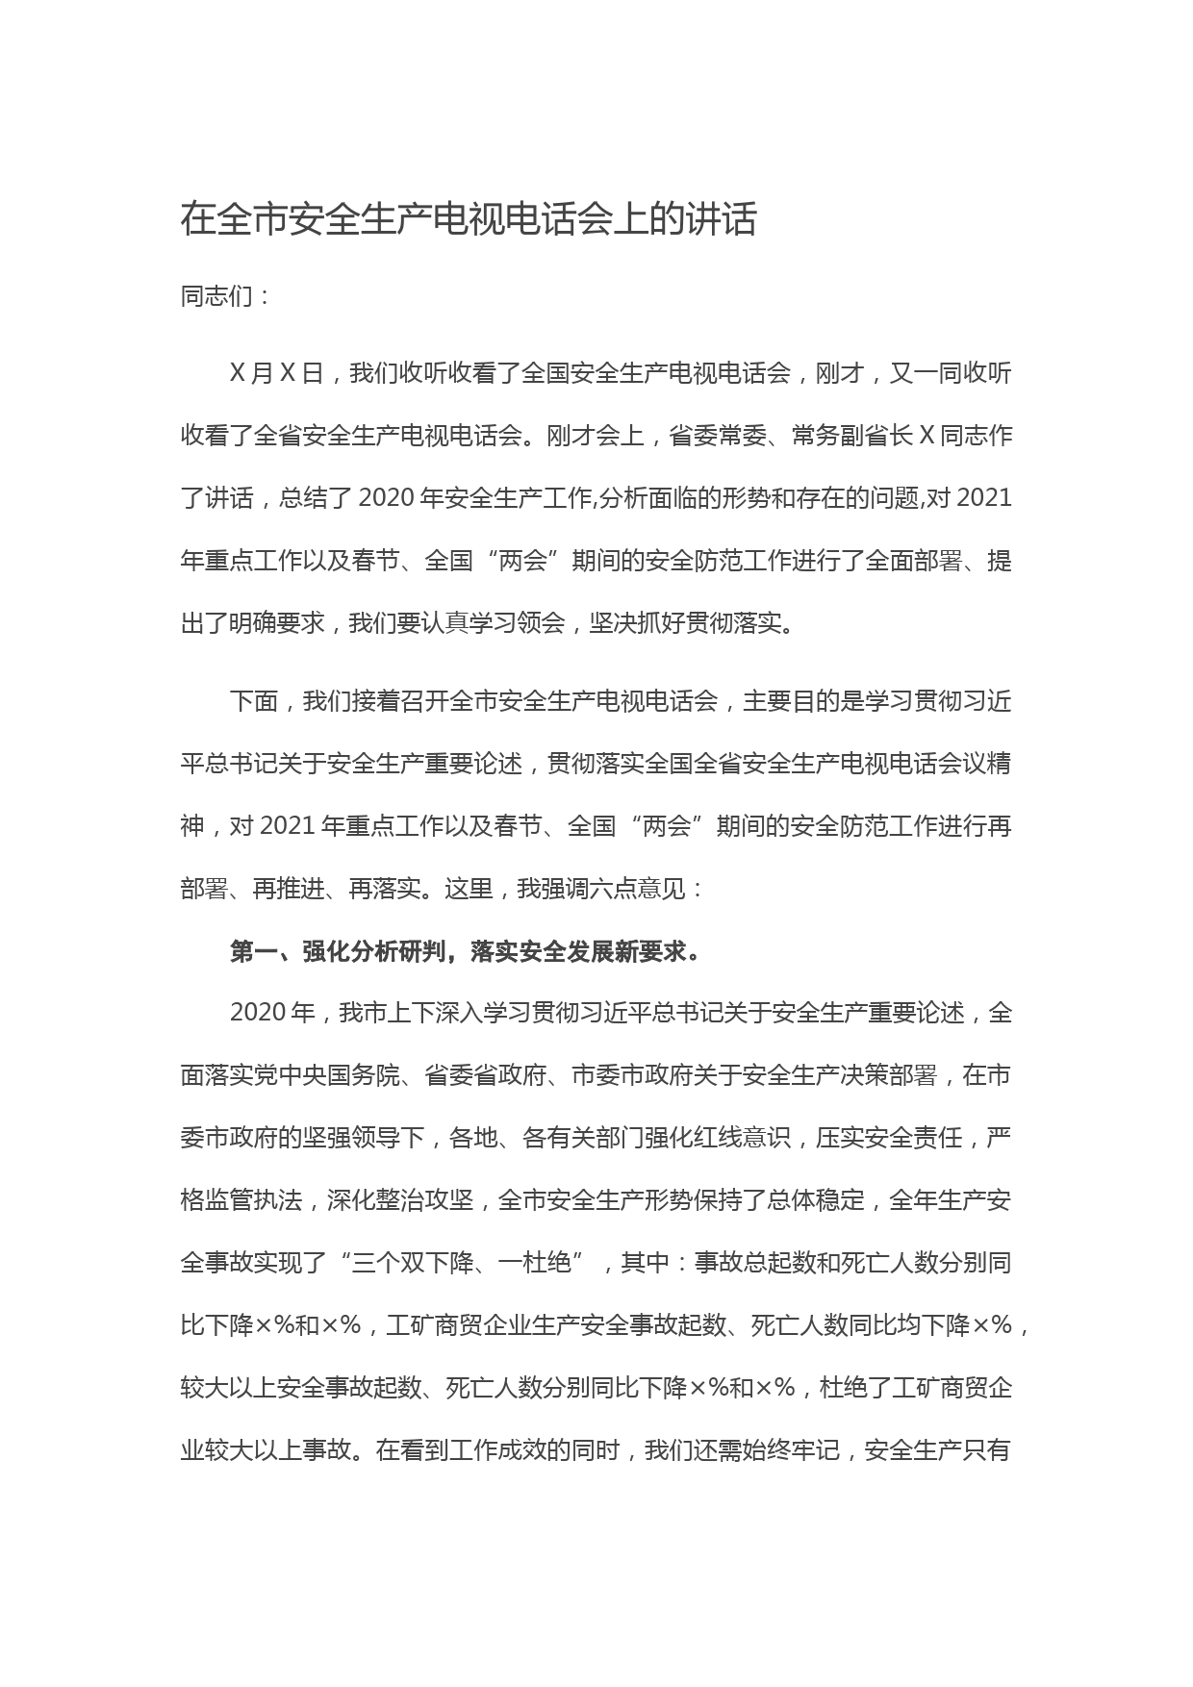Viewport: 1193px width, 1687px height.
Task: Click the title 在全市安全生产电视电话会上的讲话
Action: click(469, 220)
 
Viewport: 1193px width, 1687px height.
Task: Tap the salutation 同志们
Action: click(216, 296)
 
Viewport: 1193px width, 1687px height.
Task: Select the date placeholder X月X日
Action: click(277, 373)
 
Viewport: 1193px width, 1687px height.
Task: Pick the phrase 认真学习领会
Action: click(493, 623)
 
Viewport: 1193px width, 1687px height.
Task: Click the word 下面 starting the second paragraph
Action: click(254, 701)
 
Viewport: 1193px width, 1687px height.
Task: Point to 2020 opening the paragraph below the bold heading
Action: click(259, 1013)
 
